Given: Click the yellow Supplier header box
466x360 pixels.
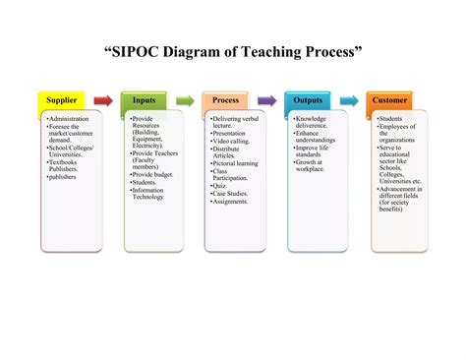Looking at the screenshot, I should tap(62, 100).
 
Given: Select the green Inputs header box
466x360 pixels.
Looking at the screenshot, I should tap(144, 100).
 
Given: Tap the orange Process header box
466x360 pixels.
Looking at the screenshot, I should tap(225, 100).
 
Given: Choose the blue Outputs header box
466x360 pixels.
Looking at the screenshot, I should tap(308, 100).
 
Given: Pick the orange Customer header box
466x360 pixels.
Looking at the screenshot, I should tap(389, 100).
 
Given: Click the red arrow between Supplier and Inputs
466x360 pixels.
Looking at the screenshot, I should tap(103, 100).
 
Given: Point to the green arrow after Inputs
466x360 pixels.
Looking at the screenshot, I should tap(185, 100).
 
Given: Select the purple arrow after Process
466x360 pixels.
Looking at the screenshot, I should tap(266, 100).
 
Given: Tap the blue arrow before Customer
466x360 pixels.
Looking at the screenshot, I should tap(349, 100).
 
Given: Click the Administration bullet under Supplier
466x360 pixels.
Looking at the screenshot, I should tap(70, 119).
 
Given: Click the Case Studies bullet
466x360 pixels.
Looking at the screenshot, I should tap(232, 194).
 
